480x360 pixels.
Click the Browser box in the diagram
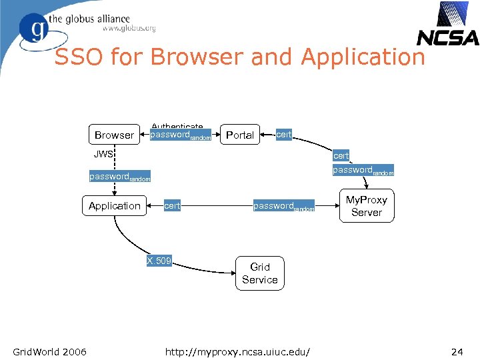pyautogui.click(x=114, y=135)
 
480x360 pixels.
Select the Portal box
pyautogui.click(x=240, y=135)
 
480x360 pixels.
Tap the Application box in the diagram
pyautogui.click(x=115, y=205)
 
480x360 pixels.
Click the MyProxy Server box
pyautogui.click(x=366, y=206)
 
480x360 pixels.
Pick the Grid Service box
pyautogui.click(x=259, y=273)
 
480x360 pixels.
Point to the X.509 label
pyautogui.click(x=159, y=260)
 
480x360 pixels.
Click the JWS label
pyautogui.click(x=103, y=155)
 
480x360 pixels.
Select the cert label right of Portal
pyautogui.click(x=284, y=134)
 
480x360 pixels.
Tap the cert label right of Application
pyautogui.click(x=172, y=205)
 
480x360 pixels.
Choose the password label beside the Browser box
pyautogui.click(x=181, y=135)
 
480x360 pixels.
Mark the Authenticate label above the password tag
pyautogui.click(x=177, y=126)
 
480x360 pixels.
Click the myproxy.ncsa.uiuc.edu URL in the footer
pyautogui.click(x=241, y=351)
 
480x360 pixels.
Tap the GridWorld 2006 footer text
pyautogui.click(x=49, y=351)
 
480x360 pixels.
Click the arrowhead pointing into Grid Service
pyautogui.click(x=231, y=272)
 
